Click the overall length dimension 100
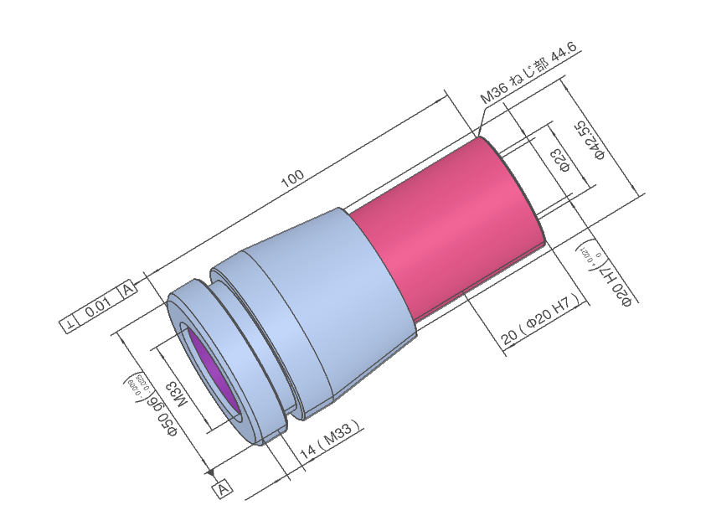click(292, 178)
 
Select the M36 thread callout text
click(528, 75)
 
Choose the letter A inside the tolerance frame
click(127, 290)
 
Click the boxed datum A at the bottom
click(223, 488)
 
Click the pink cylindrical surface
click(452, 226)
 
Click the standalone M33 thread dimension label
click(179, 394)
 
